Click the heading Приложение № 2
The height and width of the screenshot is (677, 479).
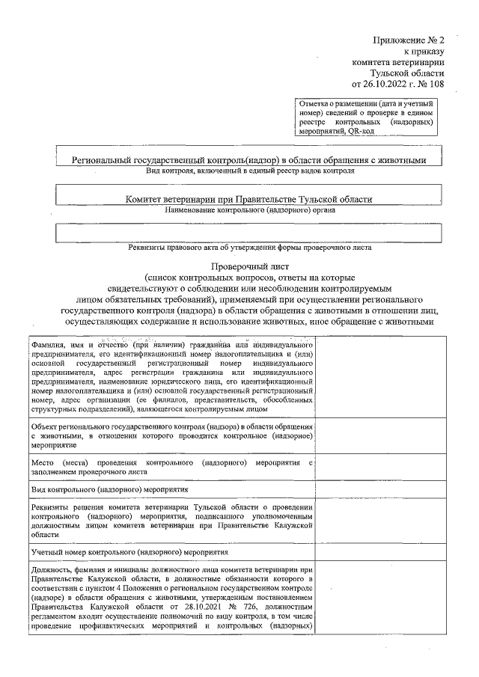click(x=409, y=40)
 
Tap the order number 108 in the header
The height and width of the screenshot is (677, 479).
click(x=436, y=85)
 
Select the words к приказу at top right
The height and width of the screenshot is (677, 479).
click(x=424, y=52)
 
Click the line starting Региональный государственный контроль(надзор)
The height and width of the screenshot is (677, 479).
click(x=248, y=160)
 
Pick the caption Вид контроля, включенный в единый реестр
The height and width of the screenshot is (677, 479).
click(x=250, y=171)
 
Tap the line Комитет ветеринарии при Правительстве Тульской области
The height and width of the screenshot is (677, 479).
click(x=248, y=199)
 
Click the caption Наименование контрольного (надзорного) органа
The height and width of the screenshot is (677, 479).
click(x=250, y=210)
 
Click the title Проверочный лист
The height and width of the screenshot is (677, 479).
click(x=249, y=266)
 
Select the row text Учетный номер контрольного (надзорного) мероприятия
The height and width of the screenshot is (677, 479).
click(x=129, y=554)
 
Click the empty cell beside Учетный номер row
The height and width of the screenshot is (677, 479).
click(x=382, y=554)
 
